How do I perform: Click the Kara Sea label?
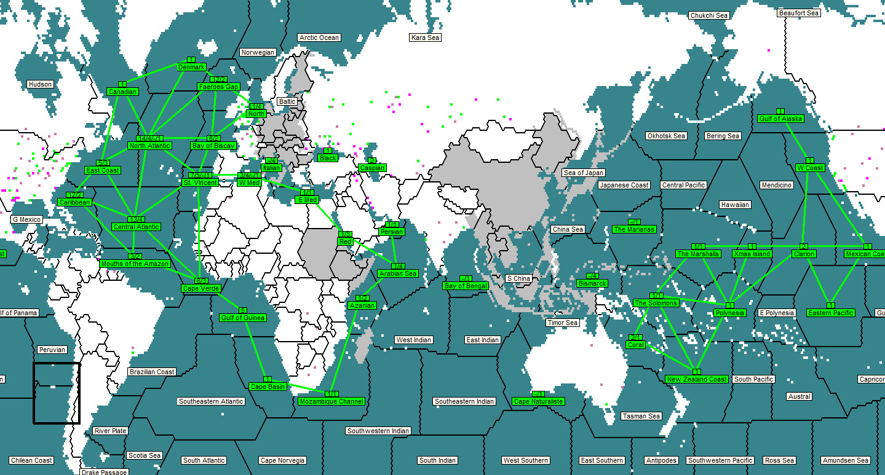pyautogui.click(x=425, y=37)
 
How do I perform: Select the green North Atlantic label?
pyautogui.click(x=149, y=146)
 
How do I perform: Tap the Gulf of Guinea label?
pyautogui.click(x=242, y=318)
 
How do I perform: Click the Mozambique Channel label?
pyautogui.click(x=331, y=401)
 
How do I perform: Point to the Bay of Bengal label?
pyautogui.click(x=466, y=286)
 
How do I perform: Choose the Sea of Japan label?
pyautogui.click(x=583, y=173)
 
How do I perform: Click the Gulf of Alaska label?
pyautogui.click(x=780, y=119)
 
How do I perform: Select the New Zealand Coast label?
pyautogui.click(x=697, y=379)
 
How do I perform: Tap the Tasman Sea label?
pyautogui.click(x=641, y=416)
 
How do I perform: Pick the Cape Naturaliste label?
pyautogui.click(x=538, y=401)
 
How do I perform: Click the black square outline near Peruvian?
pyautogui.click(x=57, y=363)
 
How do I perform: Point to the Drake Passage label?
pyautogui.click(x=104, y=472)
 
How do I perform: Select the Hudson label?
pyautogui.click(x=41, y=84)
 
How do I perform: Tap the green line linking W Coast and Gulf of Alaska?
pyautogui.click(x=795, y=141)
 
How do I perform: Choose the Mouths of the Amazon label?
pyautogui.click(x=134, y=264)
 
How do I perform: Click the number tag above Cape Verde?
pyautogui.click(x=200, y=281)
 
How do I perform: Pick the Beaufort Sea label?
pyautogui.click(x=798, y=13)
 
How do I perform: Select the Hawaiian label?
pyautogui.click(x=735, y=205)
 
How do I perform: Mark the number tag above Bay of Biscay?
pyautogui.click(x=214, y=138)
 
